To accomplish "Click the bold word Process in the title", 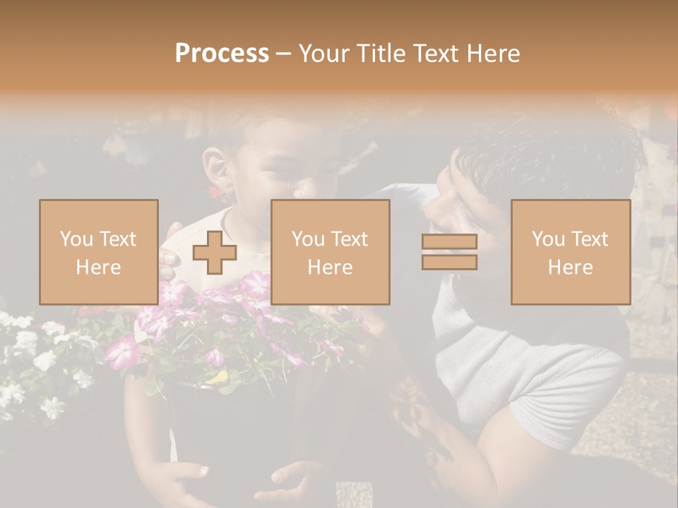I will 222,54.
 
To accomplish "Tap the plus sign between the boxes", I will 214,253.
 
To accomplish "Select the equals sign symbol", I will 449,252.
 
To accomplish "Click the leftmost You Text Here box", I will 98,252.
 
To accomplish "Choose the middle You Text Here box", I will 330,252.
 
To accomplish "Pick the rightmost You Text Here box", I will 570,252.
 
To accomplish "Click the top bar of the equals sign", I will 449,242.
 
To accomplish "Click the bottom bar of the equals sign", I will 449,262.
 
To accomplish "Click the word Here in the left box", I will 98,267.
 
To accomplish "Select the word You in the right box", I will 546,239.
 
